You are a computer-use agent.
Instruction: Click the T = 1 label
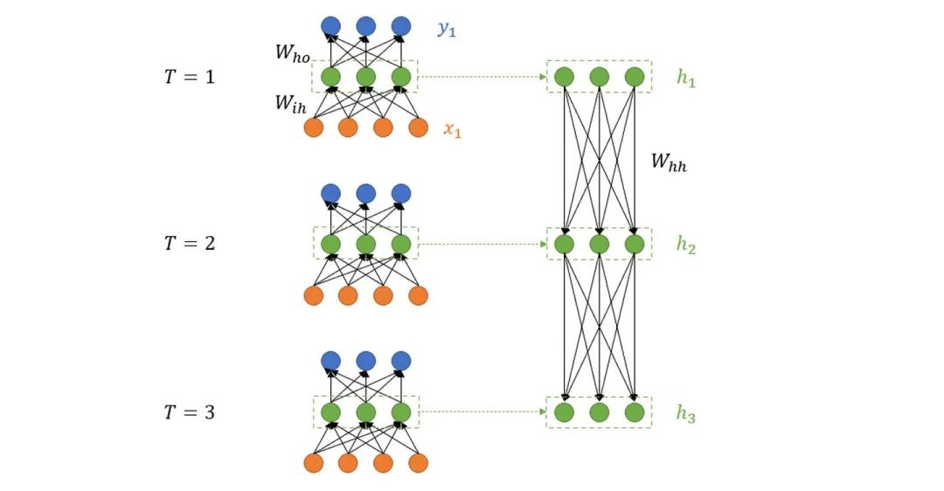(190, 77)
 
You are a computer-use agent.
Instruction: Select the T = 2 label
(190, 244)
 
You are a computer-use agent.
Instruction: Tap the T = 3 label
(190, 411)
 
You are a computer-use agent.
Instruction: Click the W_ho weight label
(293, 53)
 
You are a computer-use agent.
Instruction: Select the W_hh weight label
(669, 162)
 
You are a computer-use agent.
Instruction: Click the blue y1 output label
(448, 30)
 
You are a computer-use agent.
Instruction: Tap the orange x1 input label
(452, 131)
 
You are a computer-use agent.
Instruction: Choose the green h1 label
(686, 77)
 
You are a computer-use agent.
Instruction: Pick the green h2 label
(686, 245)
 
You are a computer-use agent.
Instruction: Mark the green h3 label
(686, 414)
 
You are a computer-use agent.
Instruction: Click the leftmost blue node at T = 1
(330, 26)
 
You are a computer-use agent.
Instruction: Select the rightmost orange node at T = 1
(419, 128)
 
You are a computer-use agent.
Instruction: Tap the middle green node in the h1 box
(599, 77)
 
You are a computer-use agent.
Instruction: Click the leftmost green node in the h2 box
(564, 244)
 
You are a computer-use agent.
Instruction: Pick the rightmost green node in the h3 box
(635, 411)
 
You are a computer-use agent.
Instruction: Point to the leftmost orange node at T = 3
(313, 462)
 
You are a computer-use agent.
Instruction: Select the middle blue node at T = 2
(365, 193)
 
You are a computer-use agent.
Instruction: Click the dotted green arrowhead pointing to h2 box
(542, 245)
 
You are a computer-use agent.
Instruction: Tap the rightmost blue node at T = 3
(401, 360)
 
